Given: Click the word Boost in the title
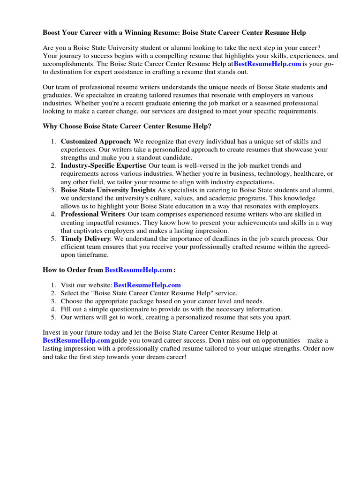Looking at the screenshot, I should click(52, 33).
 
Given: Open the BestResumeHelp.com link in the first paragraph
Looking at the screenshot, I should click(267, 64).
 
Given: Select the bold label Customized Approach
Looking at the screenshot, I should click(95, 142).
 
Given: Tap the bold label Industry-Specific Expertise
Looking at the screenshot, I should click(103, 166).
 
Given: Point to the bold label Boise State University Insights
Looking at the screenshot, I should click(108, 190).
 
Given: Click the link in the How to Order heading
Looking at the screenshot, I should click(139, 270).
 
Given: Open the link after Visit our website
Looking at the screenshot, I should click(147, 285).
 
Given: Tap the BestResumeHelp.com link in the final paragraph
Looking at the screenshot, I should click(76, 340).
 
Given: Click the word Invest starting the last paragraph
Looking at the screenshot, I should click(52, 332).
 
